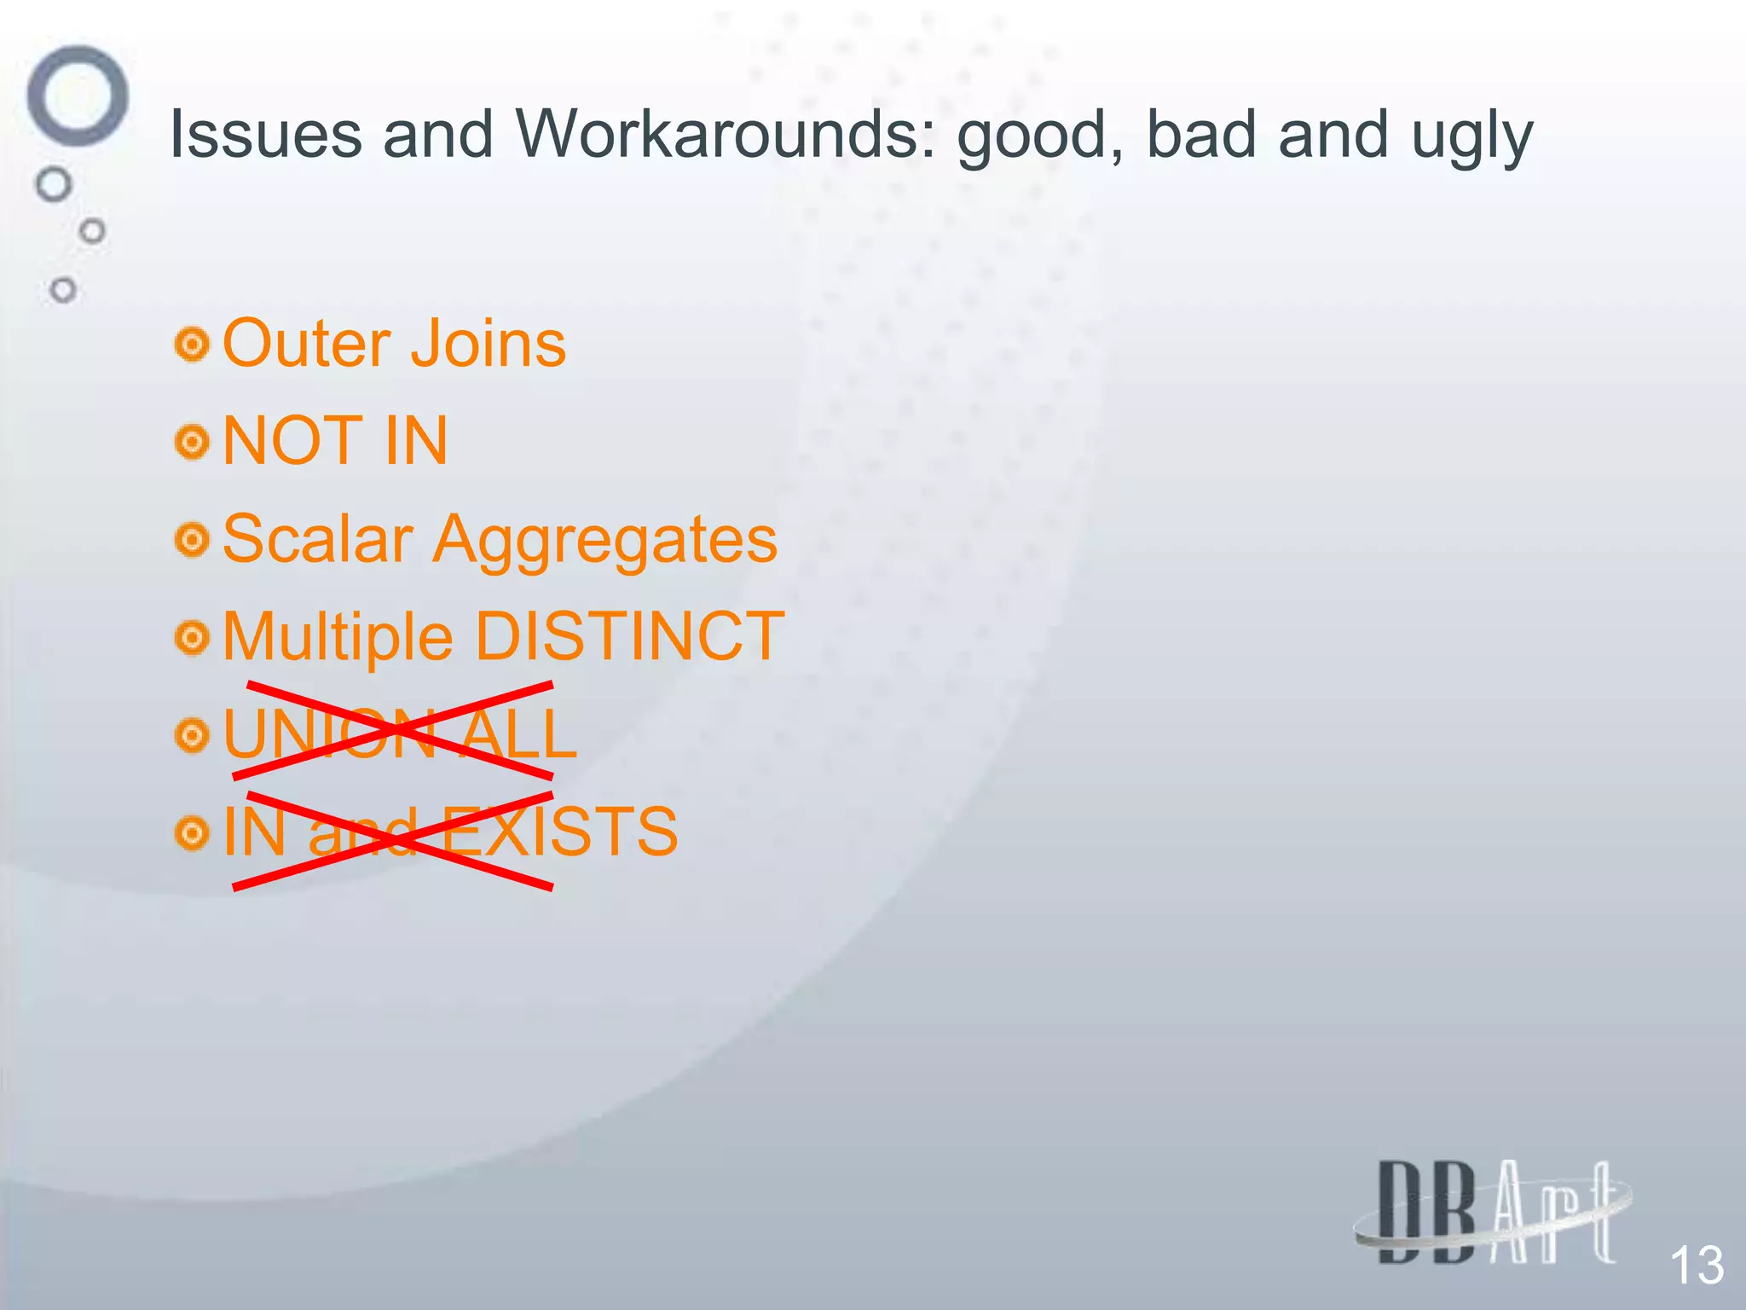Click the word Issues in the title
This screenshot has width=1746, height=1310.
click(265, 135)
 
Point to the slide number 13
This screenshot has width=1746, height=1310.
click(1696, 1265)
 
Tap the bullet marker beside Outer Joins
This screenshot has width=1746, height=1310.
click(193, 345)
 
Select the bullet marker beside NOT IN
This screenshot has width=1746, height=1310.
click(193, 443)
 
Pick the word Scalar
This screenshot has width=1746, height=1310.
click(317, 539)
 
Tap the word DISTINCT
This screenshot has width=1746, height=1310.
click(629, 636)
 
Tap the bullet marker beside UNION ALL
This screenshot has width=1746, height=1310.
click(193, 735)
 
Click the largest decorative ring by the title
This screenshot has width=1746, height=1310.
click(78, 96)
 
